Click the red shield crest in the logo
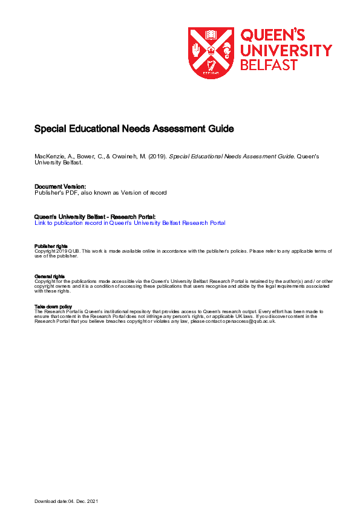click(x=211, y=53)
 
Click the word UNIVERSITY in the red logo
click(x=286, y=50)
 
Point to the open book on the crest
click(x=211, y=34)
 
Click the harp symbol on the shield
click(x=211, y=65)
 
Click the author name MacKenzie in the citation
click(x=48, y=157)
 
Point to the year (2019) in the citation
click(x=156, y=157)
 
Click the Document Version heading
click(x=60, y=186)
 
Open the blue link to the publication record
click(x=129, y=223)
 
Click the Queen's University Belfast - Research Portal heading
click(x=94, y=216)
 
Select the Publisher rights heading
click(x=51, y=246)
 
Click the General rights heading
click(x=49, y=276)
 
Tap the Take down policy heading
click(x=53, y=306)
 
